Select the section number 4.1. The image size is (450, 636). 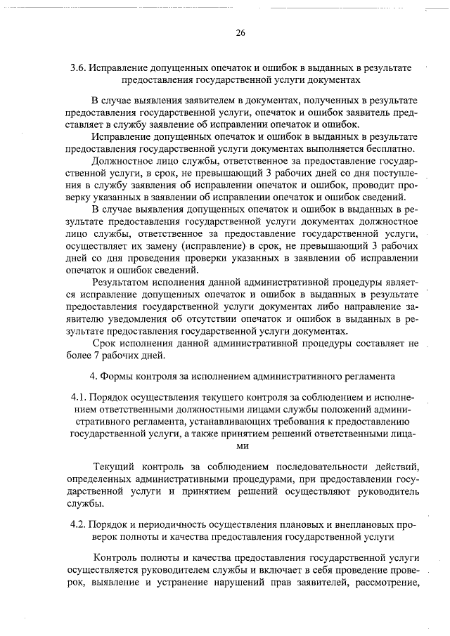(x=82, y=396)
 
